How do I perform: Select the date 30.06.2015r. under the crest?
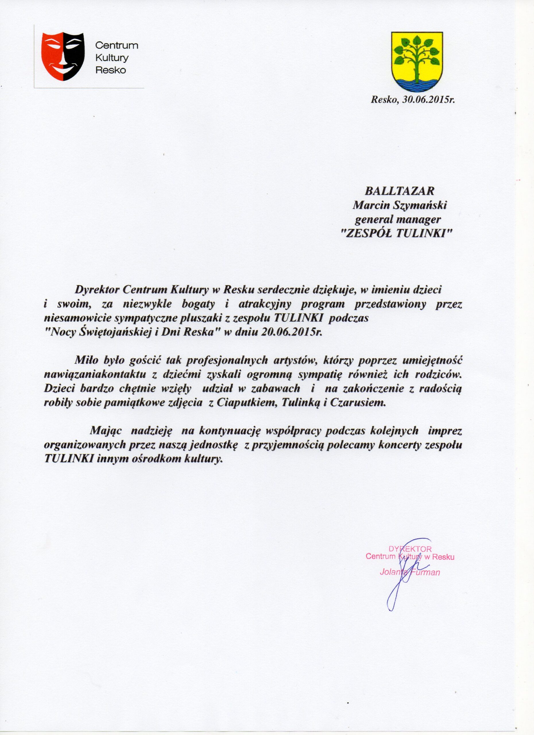[x=429, y=100]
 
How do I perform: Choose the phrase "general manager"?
[x=398, y=220]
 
